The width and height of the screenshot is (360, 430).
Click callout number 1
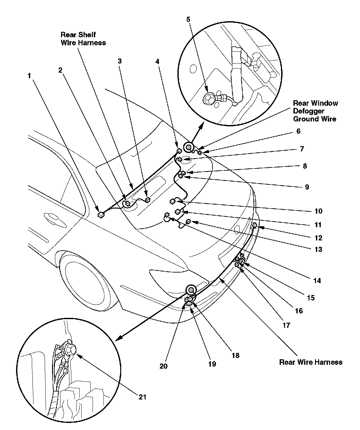click(x=29, y=76)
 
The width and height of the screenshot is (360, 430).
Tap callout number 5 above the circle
click(x=188, y=19)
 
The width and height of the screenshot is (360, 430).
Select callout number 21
click(x=142, y=397)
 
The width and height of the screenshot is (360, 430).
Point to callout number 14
click(x=317, y=281)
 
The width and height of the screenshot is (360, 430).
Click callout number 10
click(x=318, y=211)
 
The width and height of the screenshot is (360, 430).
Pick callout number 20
click(x=163, y=366)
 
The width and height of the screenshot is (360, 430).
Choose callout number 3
click(x=120, y=61)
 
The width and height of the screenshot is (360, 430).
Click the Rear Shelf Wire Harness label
click(x=83, y=39)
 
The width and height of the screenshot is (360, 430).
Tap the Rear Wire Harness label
click(x=310, y=362)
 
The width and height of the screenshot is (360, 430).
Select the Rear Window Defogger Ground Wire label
click(x=315, y=111)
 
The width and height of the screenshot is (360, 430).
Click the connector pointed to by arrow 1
click(x=101, y=214)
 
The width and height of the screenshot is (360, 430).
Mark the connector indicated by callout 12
click(x=255, y=225)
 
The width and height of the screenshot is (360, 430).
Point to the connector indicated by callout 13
click(x=189, y=221)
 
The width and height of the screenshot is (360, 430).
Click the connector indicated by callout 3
click(x=148, y=200)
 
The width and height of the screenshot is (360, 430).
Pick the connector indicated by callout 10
click(x=173, y=202)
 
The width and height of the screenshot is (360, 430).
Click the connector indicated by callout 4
click(x=179, y=150)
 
